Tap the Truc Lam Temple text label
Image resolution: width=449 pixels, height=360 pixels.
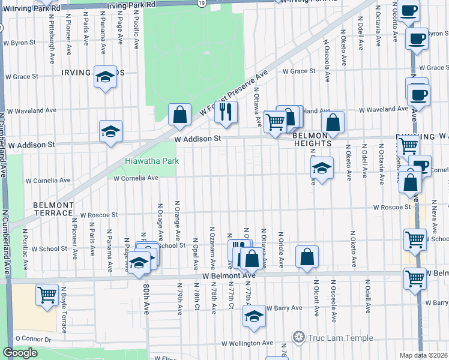point(337,337)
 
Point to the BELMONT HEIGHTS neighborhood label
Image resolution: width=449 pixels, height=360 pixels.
point(312,140)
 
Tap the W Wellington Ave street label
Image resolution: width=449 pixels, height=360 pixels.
point(247,343)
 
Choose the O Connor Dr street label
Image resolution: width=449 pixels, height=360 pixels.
point(36,338)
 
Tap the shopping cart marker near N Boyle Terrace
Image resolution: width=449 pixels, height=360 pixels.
point(47,295)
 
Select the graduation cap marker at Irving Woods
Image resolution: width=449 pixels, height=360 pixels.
point(105,76)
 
